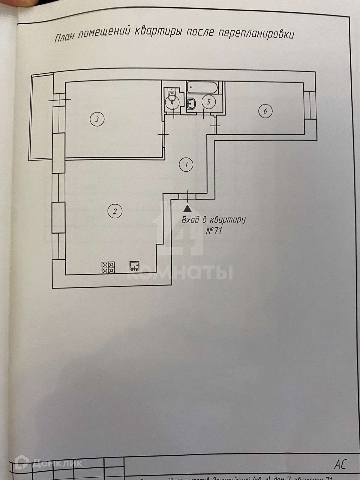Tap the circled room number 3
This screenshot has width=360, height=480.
[x=97, y=119]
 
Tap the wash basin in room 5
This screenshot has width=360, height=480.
[x=191, y=104]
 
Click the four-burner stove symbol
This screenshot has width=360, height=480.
[x=108, y=268]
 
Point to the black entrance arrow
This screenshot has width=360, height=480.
[x=187, y=208]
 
